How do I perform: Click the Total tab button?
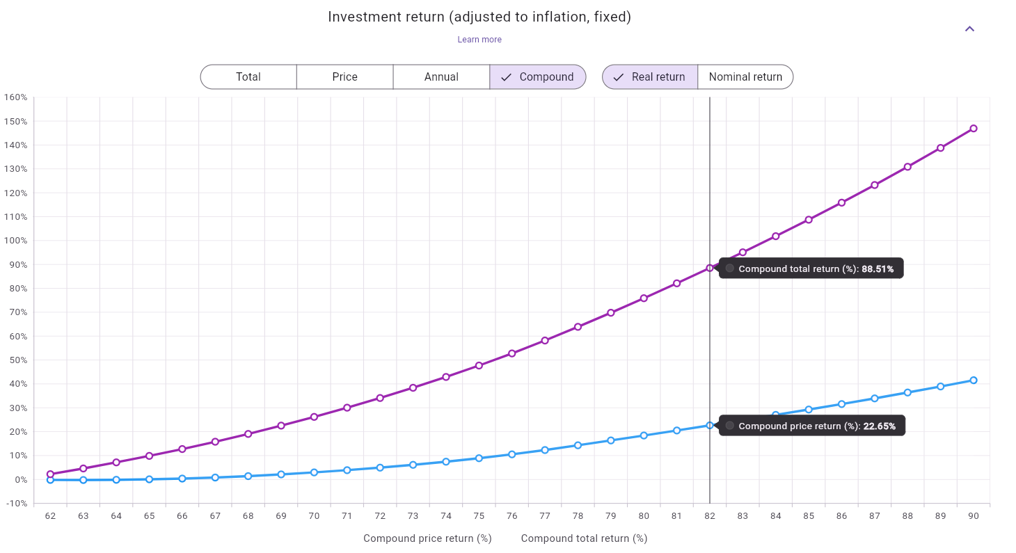click(248, 77)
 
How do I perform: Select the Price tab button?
click(344, 77)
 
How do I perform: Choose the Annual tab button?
click(441, 77)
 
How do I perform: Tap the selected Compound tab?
click(538, 77)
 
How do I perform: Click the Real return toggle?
click(649, 77)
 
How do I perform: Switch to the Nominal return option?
click(745, 77)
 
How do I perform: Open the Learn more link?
click(479, 40)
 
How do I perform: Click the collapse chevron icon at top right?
click(969, 29)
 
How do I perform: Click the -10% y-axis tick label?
click(16, 504)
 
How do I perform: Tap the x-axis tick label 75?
click(479, 516)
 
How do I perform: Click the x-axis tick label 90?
click(974, 516)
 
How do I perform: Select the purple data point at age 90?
click(974, 129)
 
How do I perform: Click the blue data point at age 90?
click(974, 380)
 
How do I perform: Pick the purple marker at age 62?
click(50, 474)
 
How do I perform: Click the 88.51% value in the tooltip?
click(878, 269)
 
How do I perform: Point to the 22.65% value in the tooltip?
click(879, 426)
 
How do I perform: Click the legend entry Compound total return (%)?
click(584, 538)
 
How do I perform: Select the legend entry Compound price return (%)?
click(427, 538)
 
